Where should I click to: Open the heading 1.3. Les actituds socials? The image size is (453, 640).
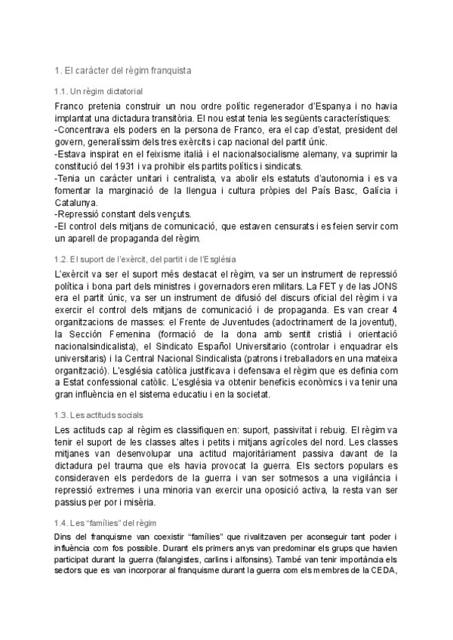(100, 415)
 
